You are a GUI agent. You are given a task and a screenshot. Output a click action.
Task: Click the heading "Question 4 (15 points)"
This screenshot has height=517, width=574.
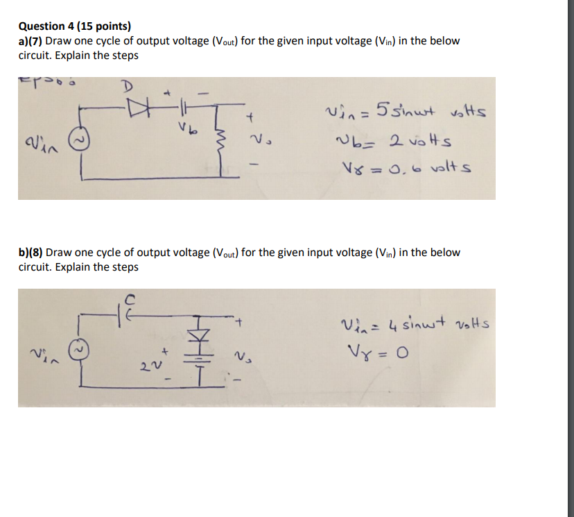(x=74, y=26)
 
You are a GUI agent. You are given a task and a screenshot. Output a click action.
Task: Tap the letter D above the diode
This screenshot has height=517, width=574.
(x=127, y=87)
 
